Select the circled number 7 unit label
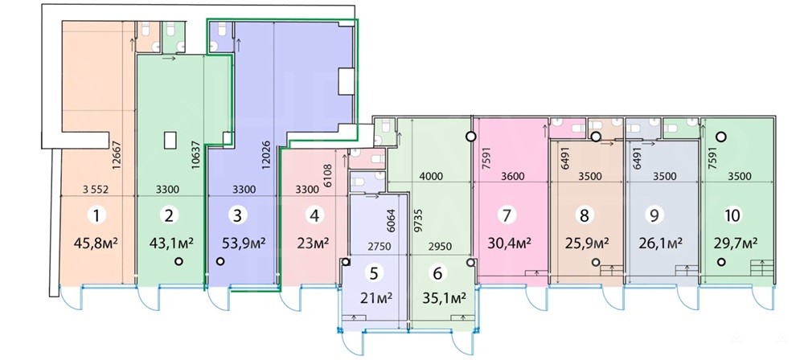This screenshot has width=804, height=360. [x=507, y=215]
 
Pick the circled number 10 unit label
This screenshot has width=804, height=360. [x=732, y=215]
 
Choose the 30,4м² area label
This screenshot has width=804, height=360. [x=508, y=243]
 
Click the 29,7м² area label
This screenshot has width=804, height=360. [x=736, y=243]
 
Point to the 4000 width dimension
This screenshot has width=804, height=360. [x=430, y=176]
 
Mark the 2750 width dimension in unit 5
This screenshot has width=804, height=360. [x=379, y=247]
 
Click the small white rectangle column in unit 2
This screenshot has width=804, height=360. [x=170, y=140]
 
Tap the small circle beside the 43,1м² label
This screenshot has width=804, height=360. [x=178, y=261]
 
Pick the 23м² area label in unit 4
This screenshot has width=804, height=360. [x=313, y=243]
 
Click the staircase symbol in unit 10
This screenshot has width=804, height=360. [x=761, y=268]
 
